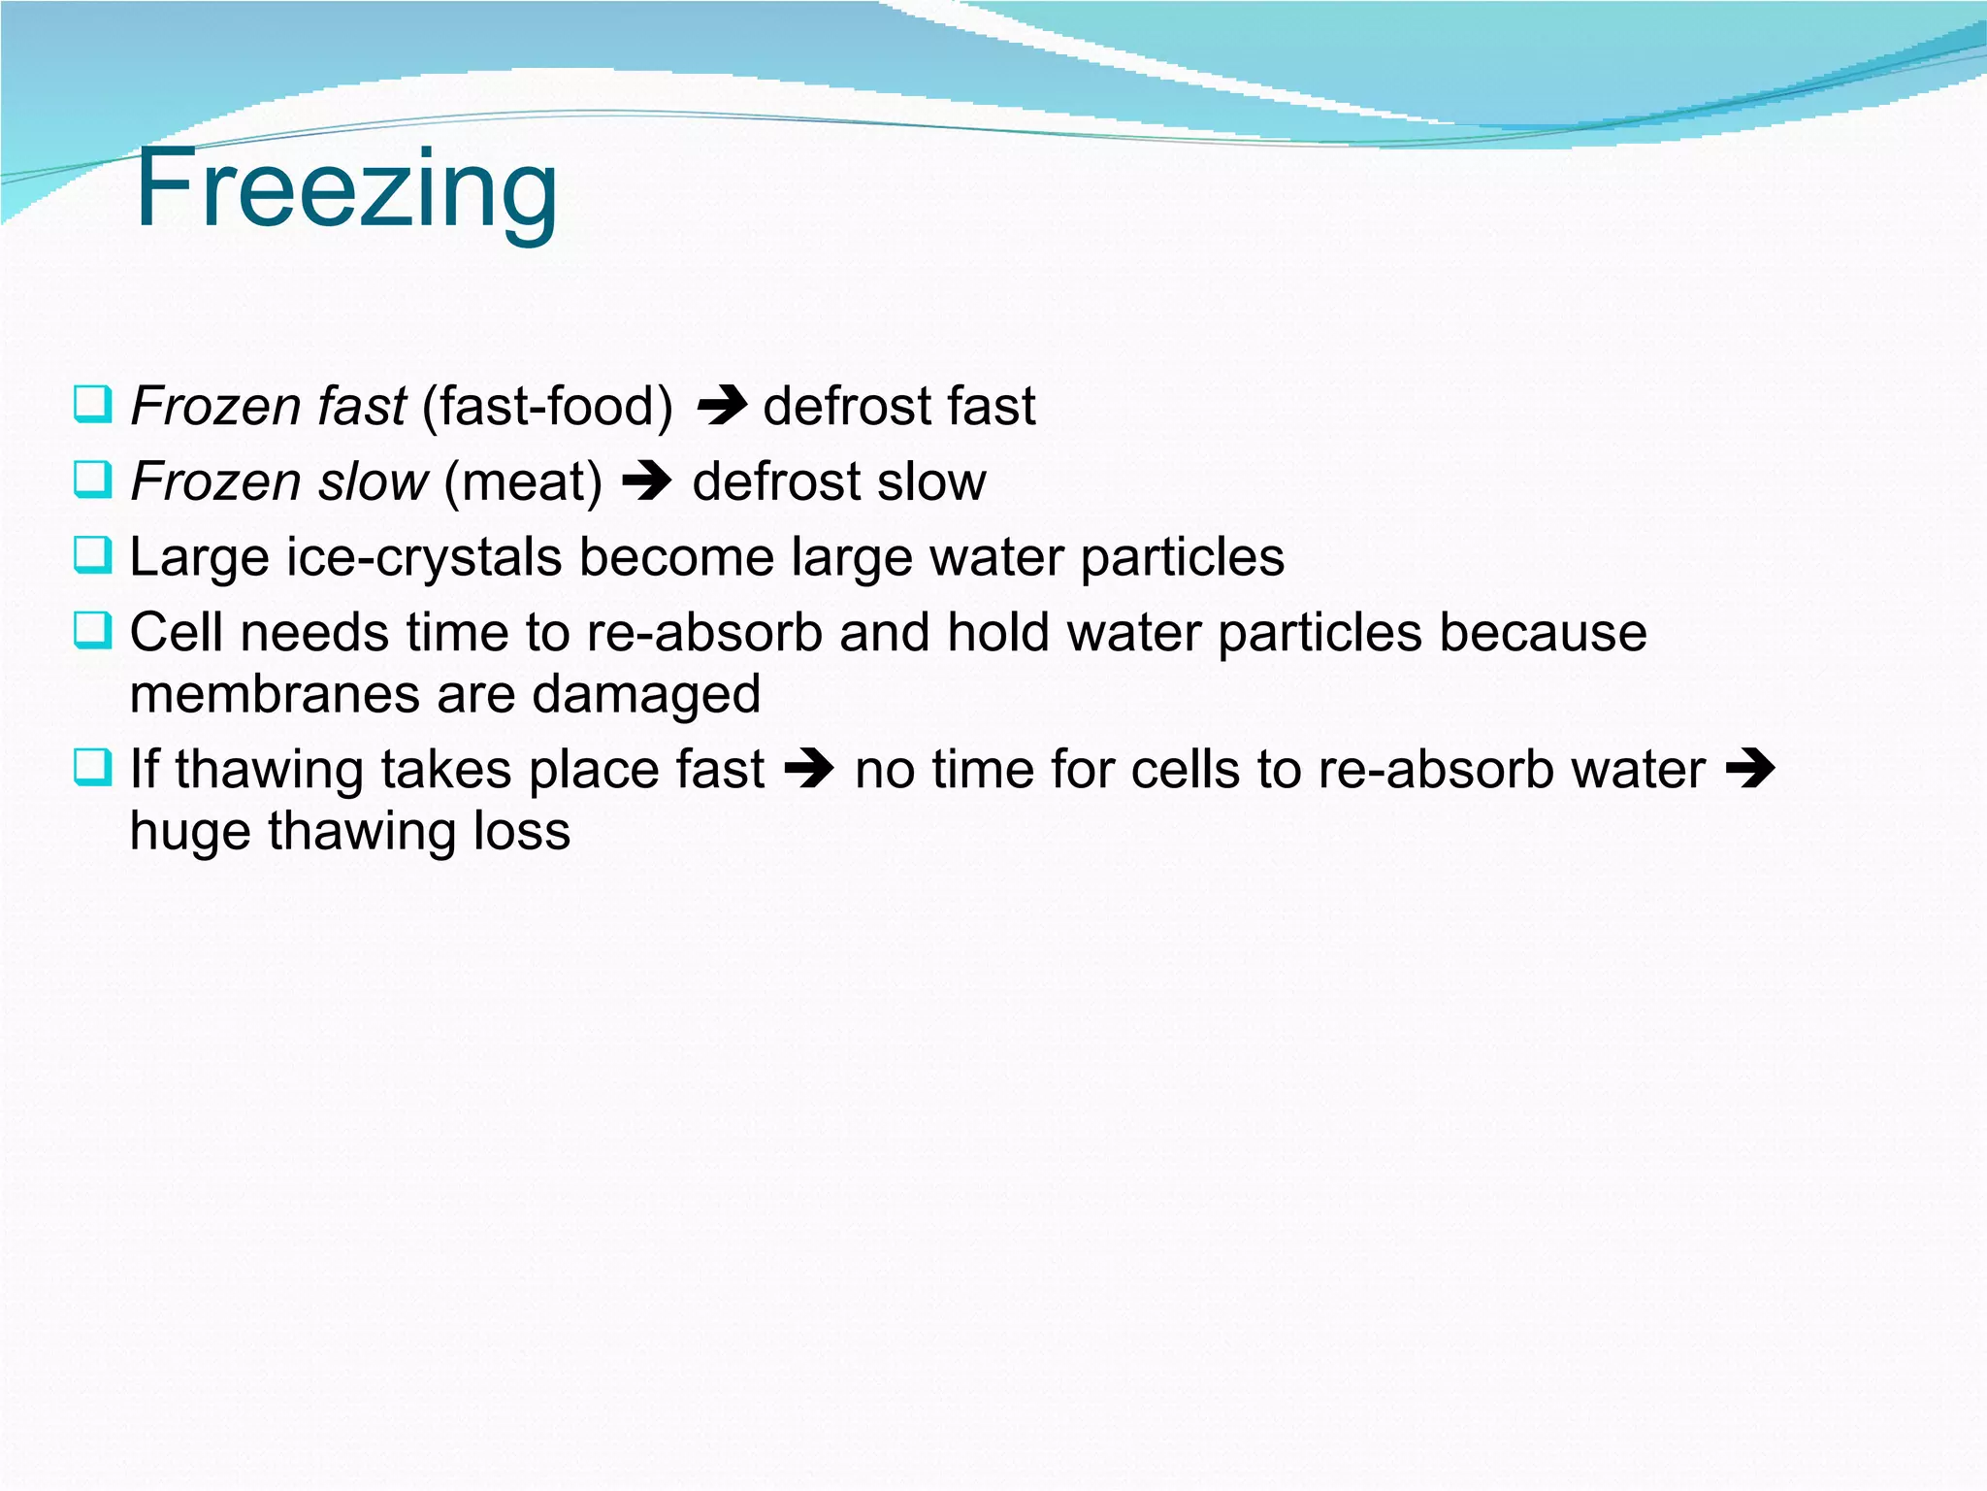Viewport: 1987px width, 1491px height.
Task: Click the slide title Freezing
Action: tap(346, 189)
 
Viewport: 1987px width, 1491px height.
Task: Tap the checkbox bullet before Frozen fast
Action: tap(93, 404)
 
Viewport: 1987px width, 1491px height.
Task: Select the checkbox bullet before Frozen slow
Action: tap(93, 480)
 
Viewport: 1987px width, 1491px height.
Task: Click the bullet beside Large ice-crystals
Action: tap(93, 555)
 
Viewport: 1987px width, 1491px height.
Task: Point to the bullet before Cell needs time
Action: tap(93, 631)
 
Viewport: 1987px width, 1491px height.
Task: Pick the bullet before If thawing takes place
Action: tap(93, 768)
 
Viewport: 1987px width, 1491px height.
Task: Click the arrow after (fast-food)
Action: tap(721, 406)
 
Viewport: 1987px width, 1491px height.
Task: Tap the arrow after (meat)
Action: tap(647, 481)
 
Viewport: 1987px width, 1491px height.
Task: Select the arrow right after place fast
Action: tap(809, 770)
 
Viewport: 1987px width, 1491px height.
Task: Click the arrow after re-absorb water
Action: tap(1750, 770)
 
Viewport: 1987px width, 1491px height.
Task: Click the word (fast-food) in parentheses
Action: tap(547, 406)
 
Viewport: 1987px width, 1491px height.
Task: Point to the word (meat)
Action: tap(523, 481)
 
